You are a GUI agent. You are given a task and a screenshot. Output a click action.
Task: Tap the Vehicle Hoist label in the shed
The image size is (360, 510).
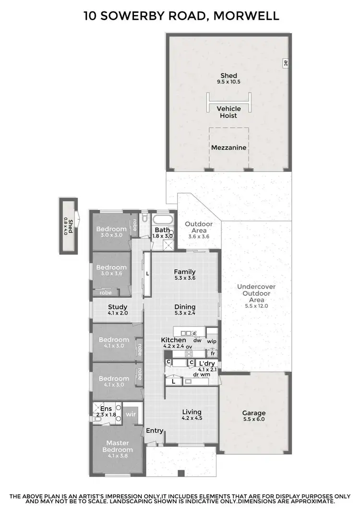(x=228, y=112)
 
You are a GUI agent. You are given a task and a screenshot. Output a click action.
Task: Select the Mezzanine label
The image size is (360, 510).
(x=228, y=147)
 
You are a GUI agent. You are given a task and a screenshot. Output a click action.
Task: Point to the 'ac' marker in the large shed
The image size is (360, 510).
(x=285, y=63)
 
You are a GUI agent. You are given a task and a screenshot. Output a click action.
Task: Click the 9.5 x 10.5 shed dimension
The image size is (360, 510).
(x=228, y=82)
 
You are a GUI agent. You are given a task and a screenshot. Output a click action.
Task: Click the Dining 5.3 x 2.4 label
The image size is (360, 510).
(x=185, y=310)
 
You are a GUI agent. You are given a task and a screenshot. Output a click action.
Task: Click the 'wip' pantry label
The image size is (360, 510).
(x=212, y=341)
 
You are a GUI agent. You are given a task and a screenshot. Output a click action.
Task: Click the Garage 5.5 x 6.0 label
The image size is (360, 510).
(x=254, y=415)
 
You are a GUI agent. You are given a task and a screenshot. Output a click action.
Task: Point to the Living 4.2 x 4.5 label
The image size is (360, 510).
(x=192, y=415)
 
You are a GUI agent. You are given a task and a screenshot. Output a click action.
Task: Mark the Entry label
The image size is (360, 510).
(x=155, y=430)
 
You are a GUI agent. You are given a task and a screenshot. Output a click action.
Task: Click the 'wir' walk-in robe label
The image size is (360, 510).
(x=131, y=413)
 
